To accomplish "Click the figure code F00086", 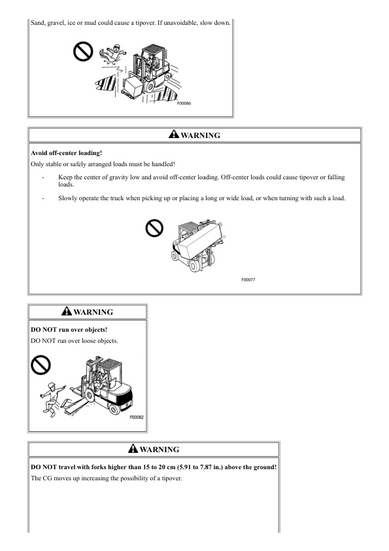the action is (184, 103).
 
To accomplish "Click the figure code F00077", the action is (248, 279).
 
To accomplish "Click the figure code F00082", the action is (137, 417).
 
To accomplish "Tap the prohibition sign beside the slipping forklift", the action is (83, 52).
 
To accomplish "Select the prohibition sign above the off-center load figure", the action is (154, 228).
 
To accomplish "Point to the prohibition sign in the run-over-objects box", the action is (41, 364).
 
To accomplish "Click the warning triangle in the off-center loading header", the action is (174, 134).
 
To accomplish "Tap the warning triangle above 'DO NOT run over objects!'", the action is (67, 311).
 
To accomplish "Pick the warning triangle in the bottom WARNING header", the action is (133, 448).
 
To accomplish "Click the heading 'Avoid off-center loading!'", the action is (66, 153).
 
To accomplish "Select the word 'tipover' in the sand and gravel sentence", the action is (144, 23).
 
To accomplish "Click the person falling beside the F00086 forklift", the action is (113, 54).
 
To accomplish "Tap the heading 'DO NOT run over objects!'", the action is (69, 330).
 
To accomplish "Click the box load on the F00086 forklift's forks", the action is (133, 85).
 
